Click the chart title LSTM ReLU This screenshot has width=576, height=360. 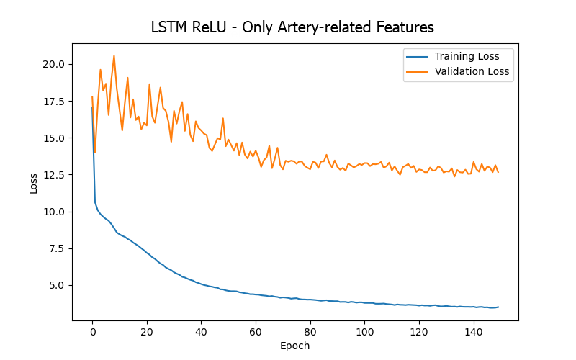tap(292, 28)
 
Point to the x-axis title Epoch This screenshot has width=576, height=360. tap(294, 346)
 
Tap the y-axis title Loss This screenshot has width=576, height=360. tap(33, 183)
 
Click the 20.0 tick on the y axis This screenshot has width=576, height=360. tap(54, 64)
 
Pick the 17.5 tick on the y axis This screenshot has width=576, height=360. tap(54, 101)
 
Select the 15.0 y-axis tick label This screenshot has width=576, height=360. tap(54, 138)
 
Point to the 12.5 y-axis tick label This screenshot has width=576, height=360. tap(54, 175)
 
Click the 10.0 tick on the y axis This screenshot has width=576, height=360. tap(54, 212)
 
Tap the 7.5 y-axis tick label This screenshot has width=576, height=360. tap(57, 248)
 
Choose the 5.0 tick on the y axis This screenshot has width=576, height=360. tap(57, 285)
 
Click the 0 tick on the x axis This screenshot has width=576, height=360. tap(92, 332)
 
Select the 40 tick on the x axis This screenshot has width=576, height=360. tap(201, 332)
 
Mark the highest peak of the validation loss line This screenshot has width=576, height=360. tap(114, 55)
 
